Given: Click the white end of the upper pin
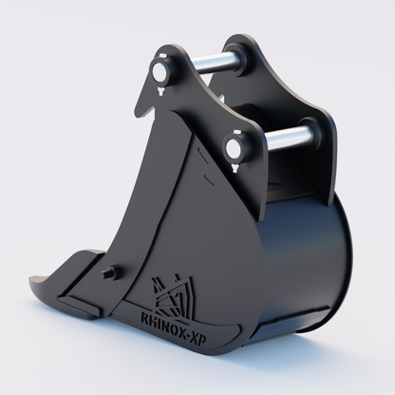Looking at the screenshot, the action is [x=159, y=72].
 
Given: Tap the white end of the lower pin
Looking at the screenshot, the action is [x=234, y=146].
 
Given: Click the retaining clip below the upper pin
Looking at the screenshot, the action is [x=160, y=92].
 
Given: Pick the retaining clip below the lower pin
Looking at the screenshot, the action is [x=235, y=168].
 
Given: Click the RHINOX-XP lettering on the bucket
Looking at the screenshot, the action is [x=174, y=329].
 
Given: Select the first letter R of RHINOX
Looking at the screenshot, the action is [x=143, y=318].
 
